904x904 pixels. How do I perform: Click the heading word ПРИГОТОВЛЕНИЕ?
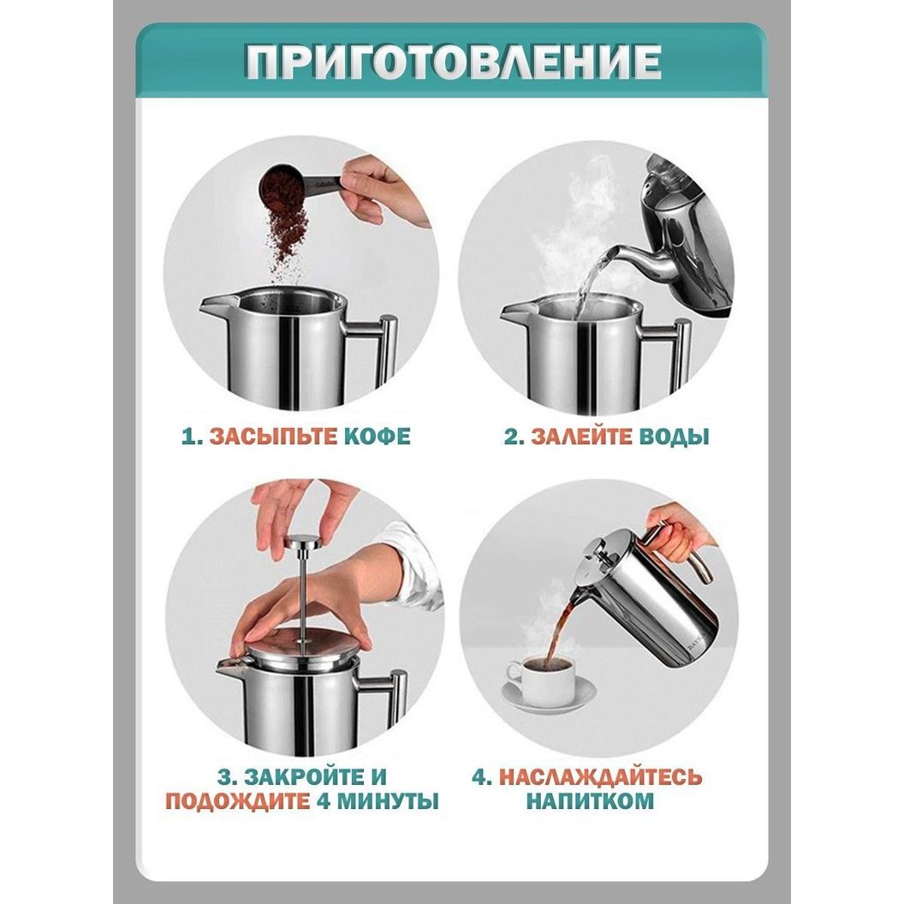click(x=453, y=61)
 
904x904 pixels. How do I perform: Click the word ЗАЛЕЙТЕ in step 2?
click(x=581, y=436)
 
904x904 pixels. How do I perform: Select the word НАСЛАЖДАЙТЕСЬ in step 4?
click(x=600, y=776)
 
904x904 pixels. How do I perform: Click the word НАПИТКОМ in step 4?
click(x=590, y=800)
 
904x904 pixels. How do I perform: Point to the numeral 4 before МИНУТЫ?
click(x=323, y=801)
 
